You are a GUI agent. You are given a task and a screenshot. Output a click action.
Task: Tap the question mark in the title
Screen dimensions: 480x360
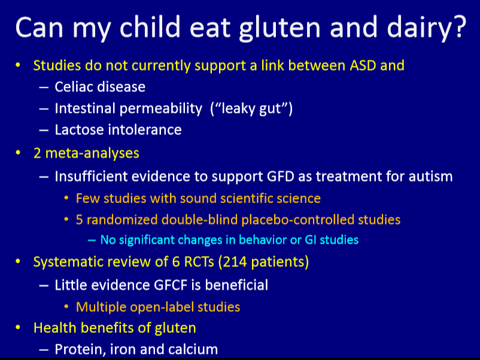click(x=460, y=26)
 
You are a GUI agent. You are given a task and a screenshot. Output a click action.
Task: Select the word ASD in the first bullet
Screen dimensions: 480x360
click(x=363, y=65)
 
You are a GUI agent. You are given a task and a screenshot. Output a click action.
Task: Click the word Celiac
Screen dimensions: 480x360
click(x=74, y=87)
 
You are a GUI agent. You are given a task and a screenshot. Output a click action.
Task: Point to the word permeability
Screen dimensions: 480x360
click(x=161, y=109)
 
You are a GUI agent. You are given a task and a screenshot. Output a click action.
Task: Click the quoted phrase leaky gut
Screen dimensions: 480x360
click(x=251, y=109)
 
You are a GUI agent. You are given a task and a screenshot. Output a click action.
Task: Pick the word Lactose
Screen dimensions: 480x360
click(x=79, y=130)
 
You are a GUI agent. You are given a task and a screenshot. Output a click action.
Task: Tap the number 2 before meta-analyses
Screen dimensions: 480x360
click(x=37, y=153)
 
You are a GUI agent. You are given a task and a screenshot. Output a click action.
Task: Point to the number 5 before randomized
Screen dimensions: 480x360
click(x=79, y=220)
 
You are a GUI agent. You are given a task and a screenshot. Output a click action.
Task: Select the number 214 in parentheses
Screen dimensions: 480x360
click(x=235, y=262)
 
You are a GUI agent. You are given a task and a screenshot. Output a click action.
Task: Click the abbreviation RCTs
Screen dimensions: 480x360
click(x=199, y=262)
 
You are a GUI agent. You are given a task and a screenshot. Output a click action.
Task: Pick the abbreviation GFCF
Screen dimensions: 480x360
click(x=171, y=285)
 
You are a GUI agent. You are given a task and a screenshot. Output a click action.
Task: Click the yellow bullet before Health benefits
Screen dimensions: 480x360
click(x=18, y=328)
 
